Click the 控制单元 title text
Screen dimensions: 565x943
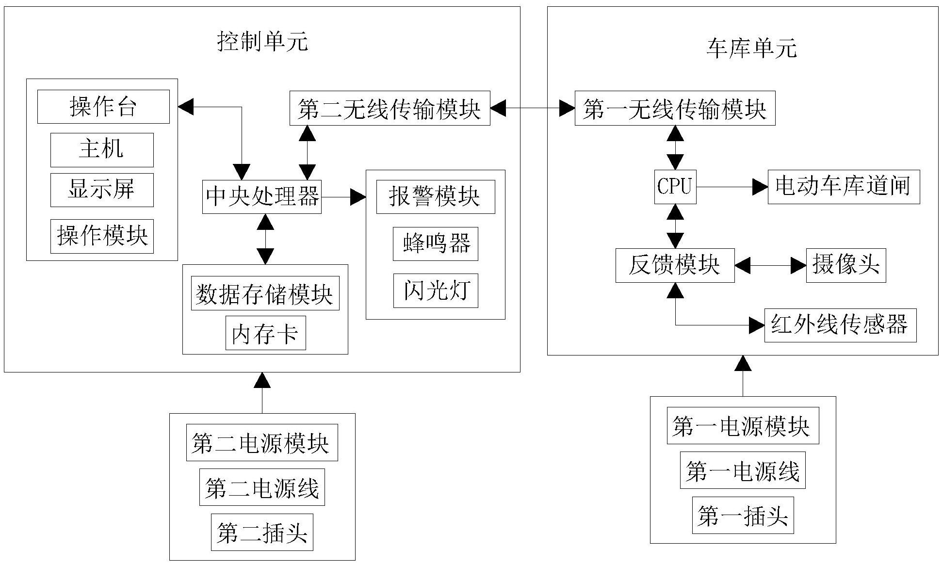click(262, 42)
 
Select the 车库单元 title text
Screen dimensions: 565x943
click(751, 48)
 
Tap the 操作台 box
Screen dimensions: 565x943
click(103, 106)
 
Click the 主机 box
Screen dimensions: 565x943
click(102, 149)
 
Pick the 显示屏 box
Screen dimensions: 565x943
click(102, 190)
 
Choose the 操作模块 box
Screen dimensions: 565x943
click(102, 236)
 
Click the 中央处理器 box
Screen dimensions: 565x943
click(262, 196)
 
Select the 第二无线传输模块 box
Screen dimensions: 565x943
click(390, 108)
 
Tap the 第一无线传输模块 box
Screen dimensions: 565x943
click(675, 108)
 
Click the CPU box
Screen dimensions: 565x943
click(675, 187)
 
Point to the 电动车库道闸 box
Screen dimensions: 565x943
click(844, 187)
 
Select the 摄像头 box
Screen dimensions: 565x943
click(846, 265)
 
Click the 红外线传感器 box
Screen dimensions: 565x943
click(840, 325)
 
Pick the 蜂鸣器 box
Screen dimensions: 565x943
click(436, 243)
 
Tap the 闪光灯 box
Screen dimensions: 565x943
click(436, 291)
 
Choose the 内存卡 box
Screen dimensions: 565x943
click(265, 333)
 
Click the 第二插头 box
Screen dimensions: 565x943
click(262, 532)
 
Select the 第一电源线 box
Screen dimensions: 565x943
click(743, 470)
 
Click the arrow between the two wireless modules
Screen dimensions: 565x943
click(532, 108)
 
